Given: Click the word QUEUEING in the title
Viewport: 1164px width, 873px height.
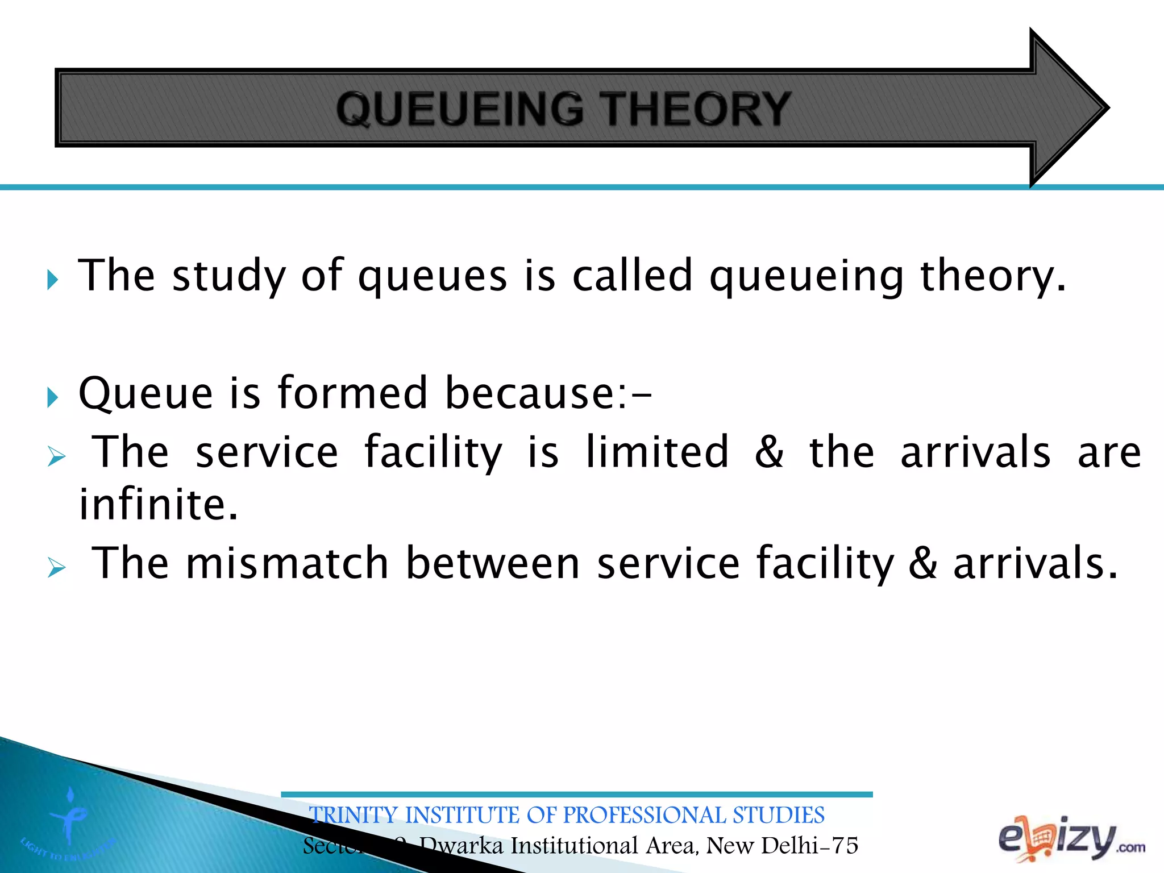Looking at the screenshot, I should coord(459,109).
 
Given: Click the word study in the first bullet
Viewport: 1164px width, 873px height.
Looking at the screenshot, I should coord(228,277).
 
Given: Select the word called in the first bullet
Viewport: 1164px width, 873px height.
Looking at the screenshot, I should coord(631,276).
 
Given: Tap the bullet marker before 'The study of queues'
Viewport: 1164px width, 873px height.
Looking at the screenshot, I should coord(52,280).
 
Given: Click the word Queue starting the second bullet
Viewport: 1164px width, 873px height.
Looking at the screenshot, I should coord(145,393).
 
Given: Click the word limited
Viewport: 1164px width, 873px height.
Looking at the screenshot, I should coord(656,452).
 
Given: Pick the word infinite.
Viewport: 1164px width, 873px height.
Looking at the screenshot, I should coord(158,505).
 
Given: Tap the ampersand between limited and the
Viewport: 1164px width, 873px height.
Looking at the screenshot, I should coord(769,452).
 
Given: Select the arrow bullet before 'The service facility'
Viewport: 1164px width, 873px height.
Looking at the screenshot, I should coord(56,456).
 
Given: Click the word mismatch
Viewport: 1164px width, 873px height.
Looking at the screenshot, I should coord(287,563).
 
